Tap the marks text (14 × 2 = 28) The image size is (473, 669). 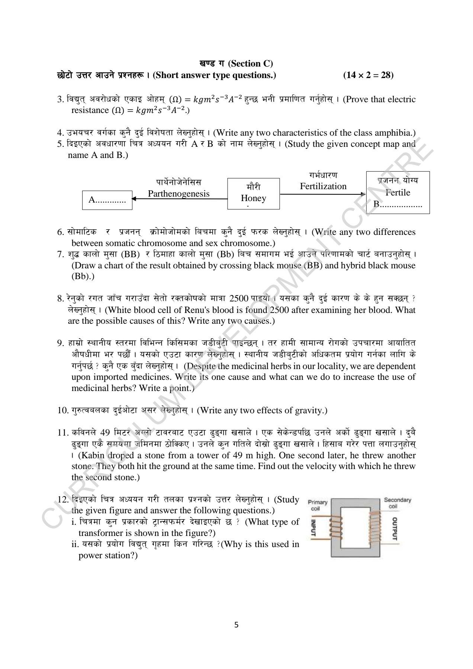coord(368,75)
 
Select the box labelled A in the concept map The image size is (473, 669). coord(107,200)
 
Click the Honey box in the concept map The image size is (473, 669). coord(253,193)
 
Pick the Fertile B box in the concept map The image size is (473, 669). coord(398,193)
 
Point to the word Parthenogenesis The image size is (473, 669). coord(178,194)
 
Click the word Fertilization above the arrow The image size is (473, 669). coord(323,186)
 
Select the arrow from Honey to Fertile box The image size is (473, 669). coord(323,194)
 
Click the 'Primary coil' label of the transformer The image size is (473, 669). coord(318,505)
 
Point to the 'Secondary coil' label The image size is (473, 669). coord(398,503)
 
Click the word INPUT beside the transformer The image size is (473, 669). coord(313,528)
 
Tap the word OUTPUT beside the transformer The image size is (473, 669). coord(395,529)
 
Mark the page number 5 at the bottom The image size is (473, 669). coord(236,625)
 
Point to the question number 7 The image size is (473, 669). coord(61,255)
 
